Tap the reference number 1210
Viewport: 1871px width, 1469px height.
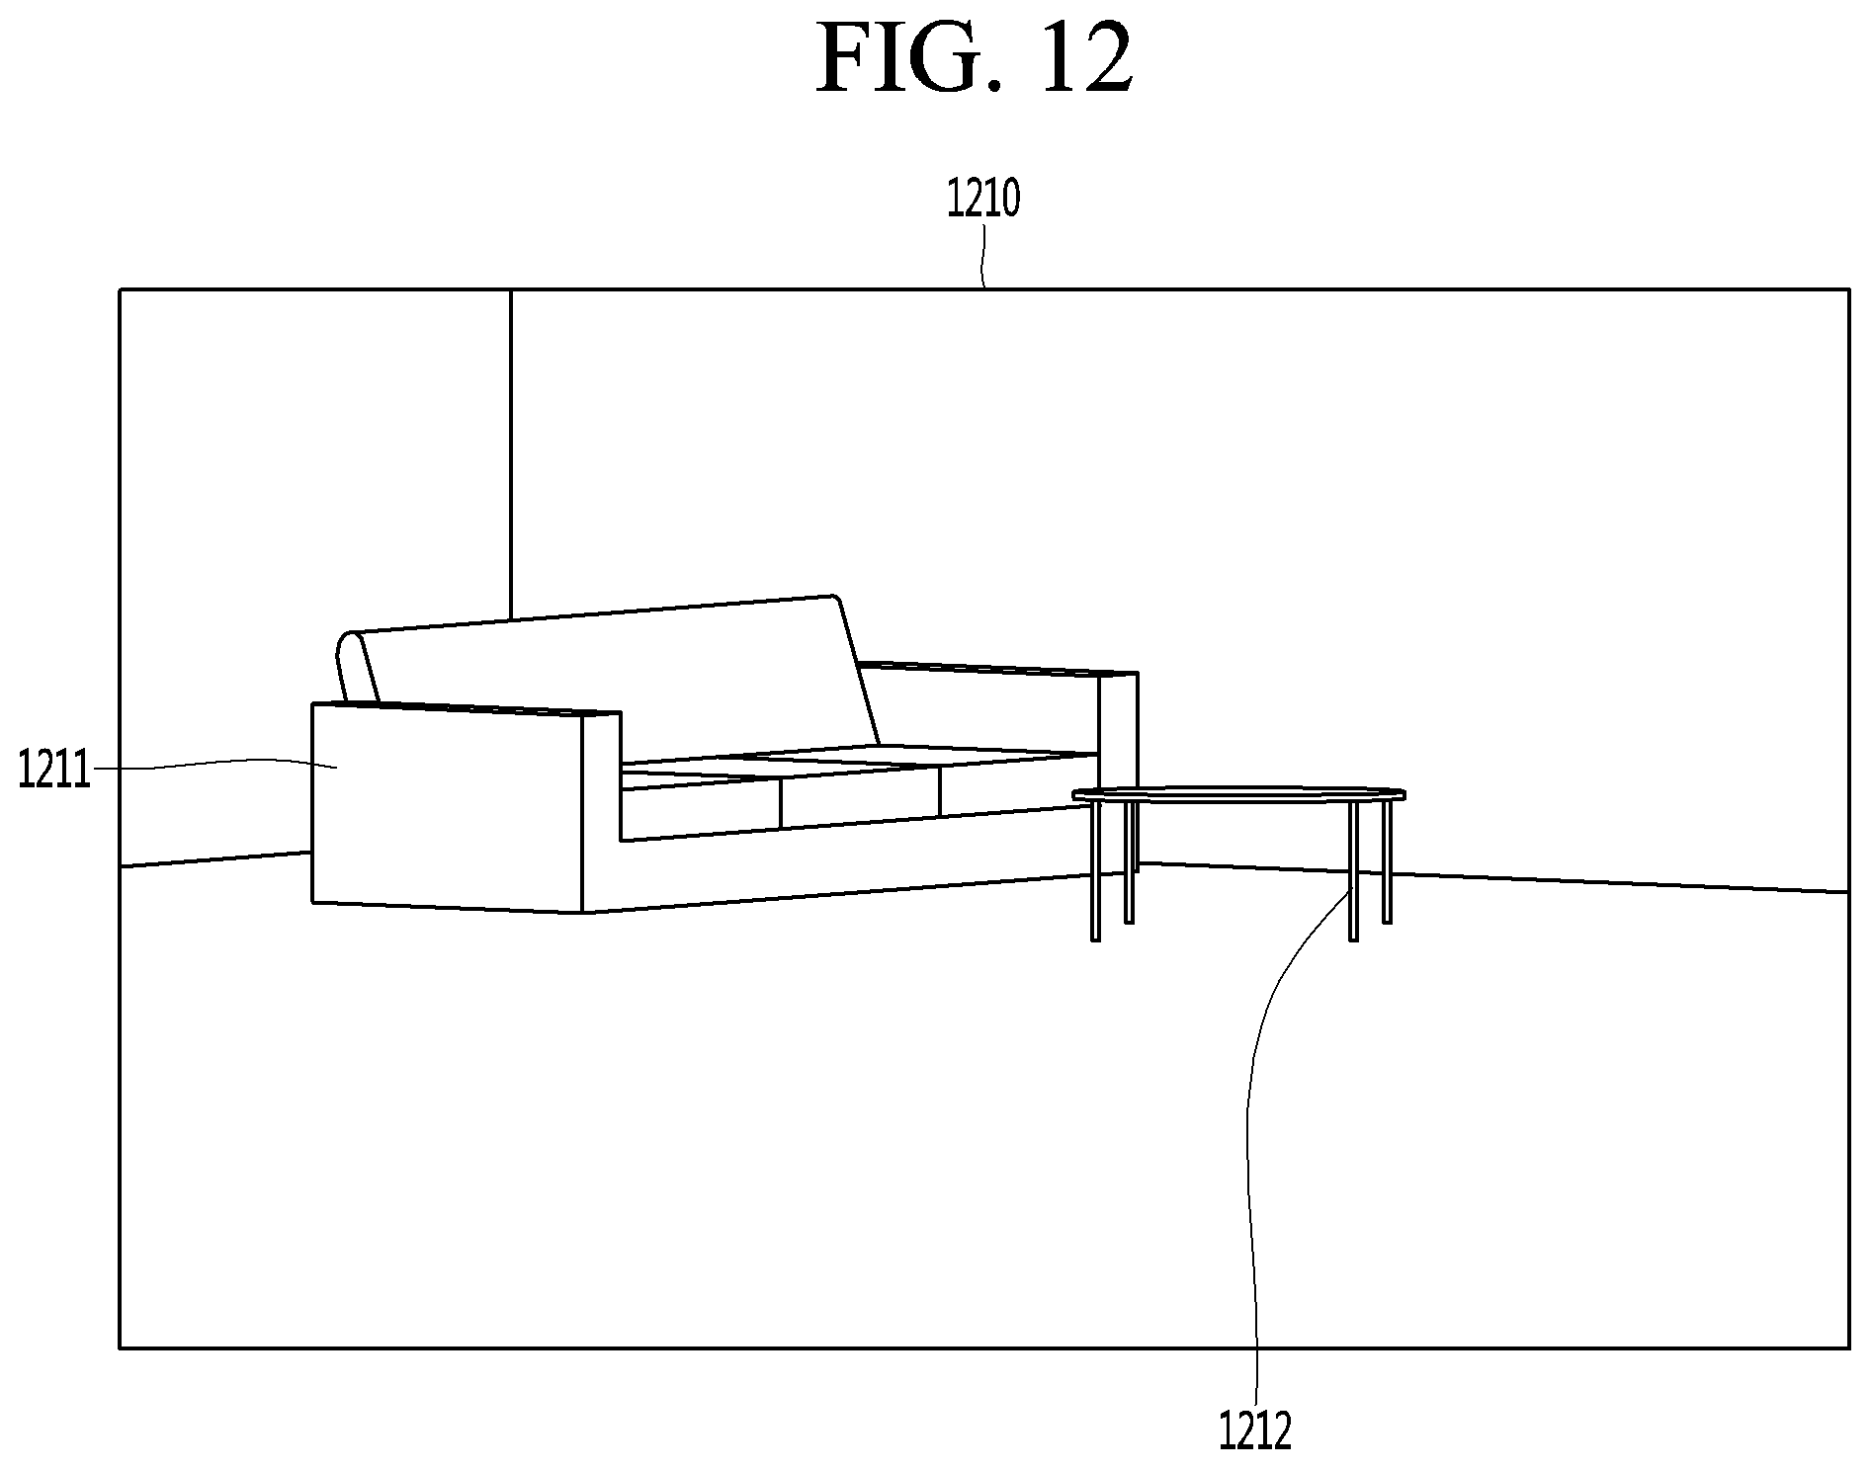(x=983, y=199)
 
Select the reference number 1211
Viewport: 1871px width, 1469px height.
(x=54, y=770)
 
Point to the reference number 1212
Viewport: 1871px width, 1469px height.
(x=1255, y=1430)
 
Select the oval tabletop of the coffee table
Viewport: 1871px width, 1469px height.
(x=1239, y=793)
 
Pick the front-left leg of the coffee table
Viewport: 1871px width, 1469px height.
(x=1095, y=870)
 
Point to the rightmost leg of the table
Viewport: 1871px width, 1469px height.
(x=1387, y=862)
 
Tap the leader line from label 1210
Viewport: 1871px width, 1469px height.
(x=982, y=255)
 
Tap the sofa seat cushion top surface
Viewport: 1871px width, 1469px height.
(x=860, y=756)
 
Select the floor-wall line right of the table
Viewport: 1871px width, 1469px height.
(x=1621, y=882)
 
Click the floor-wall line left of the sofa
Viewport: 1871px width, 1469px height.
(x=215, y=859)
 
